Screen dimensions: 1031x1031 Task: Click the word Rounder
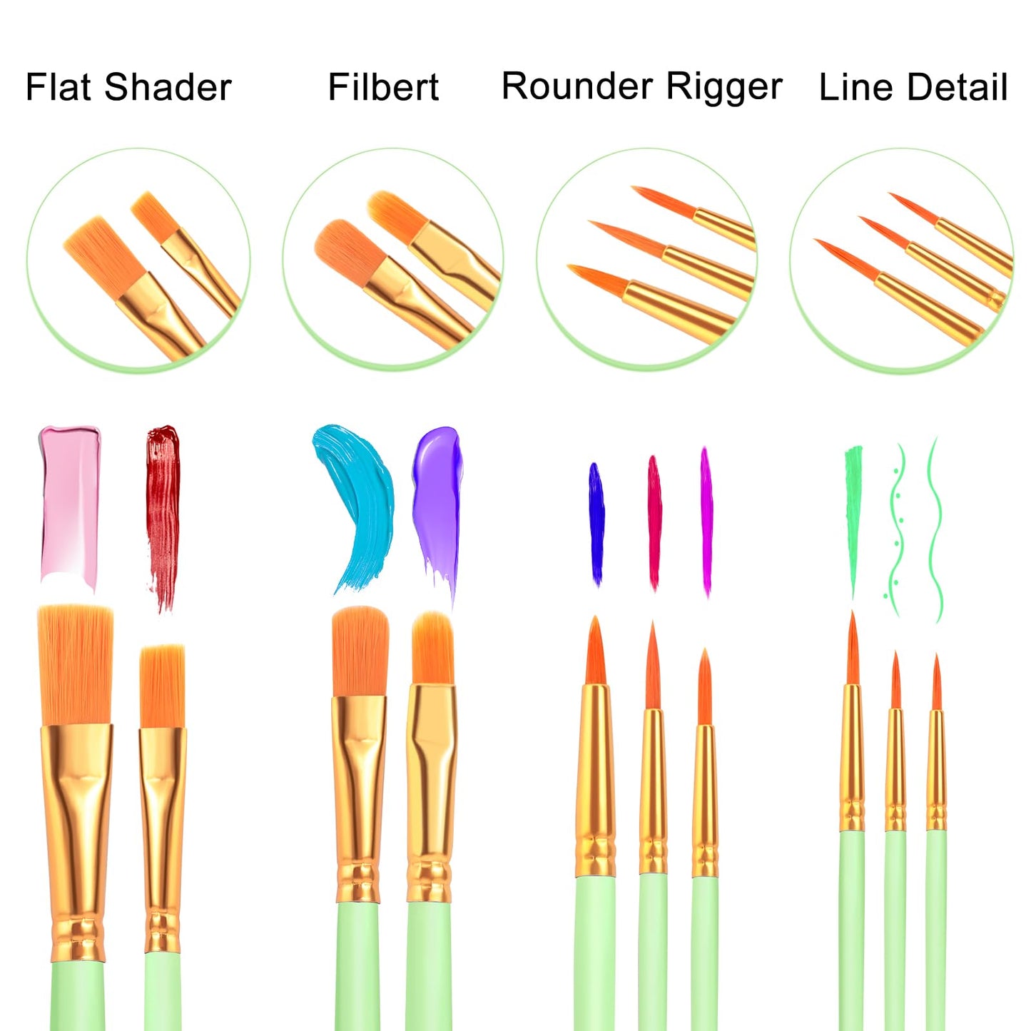(577, 86)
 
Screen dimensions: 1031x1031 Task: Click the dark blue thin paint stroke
(596, 524)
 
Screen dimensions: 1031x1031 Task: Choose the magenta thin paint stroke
(706, 522)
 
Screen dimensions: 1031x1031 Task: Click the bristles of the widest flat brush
(76, 665)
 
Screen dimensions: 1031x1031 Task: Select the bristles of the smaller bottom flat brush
(162, 686)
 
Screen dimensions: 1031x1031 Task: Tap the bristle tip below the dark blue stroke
(595, 651)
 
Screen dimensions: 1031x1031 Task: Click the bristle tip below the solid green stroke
(853, 649)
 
